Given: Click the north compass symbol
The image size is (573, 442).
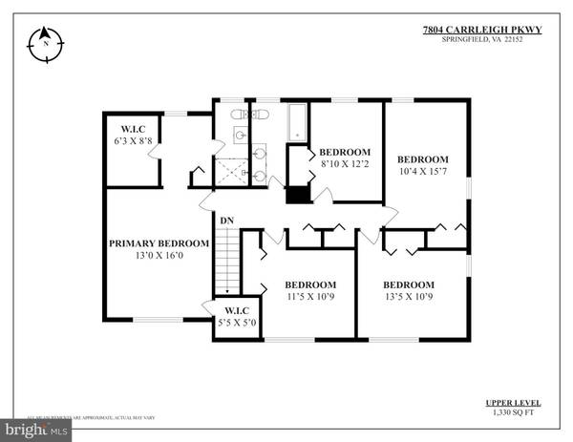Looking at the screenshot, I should pyautogui.click(x=44, y=43).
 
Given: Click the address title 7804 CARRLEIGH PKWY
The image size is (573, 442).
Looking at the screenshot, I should pyautogui.click(x=481, y=30).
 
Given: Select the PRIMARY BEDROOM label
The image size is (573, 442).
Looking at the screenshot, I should pyautogui.click(x=159, y=243).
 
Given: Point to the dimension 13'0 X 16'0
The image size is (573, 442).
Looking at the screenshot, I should pyautogui.click(x=159, y=256).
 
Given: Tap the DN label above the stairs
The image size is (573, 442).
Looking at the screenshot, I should pyautogui.click(x=227, y=221).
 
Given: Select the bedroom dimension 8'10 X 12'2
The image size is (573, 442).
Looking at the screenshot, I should pyautogui.click(x=345, y=164).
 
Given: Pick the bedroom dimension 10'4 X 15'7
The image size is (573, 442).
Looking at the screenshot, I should pyautogui.click(x=423, y=171).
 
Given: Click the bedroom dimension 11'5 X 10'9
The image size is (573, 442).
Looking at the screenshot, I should pyautogui.click(x=310, y=297).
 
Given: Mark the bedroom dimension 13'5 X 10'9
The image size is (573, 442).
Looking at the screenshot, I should pyautogui.click(x=409, y=297).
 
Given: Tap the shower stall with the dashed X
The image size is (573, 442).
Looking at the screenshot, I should pyautogui.click(x=230, y=172).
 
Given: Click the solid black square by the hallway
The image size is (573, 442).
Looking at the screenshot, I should pyautogui.click(x=298, y=194).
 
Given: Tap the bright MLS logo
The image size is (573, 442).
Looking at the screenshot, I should pyautogui.click(x=36, y=431).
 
